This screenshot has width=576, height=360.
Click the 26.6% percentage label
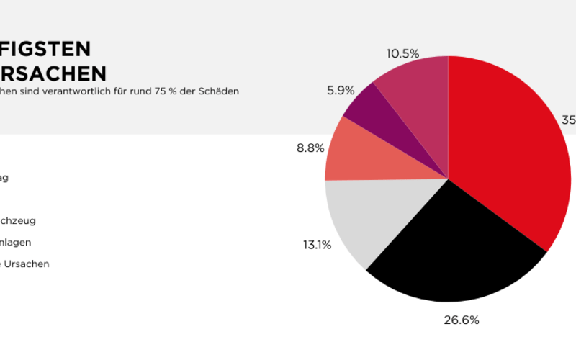(461, 320)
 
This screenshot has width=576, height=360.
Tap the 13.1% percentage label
(317, 245)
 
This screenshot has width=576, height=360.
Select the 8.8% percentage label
(310, 149)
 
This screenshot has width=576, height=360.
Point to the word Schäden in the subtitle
(221, 91)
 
